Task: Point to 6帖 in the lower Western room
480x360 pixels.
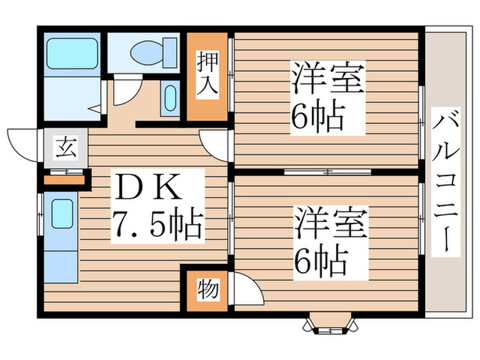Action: tap(320, 261)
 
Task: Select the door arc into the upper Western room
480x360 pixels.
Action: tap(216, 144)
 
